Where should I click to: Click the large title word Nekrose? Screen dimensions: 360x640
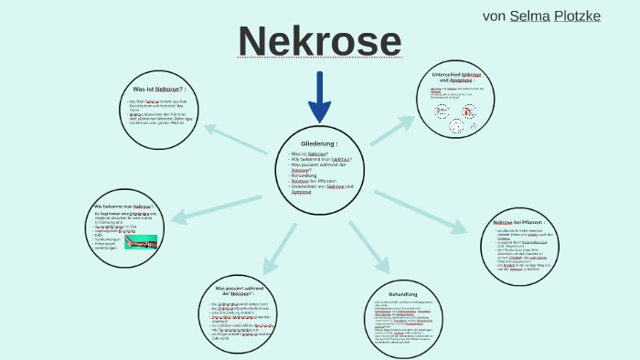319,42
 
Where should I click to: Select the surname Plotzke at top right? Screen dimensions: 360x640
577,16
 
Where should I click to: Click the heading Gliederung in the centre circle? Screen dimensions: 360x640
319,143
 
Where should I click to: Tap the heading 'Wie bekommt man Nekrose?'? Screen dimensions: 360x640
123,207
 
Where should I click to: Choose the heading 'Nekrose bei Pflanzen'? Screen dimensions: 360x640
518,222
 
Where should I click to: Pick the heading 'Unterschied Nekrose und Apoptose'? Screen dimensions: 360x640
456,77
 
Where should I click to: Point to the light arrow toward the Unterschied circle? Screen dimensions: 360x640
392,131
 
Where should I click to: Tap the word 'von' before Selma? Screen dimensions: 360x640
494,16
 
